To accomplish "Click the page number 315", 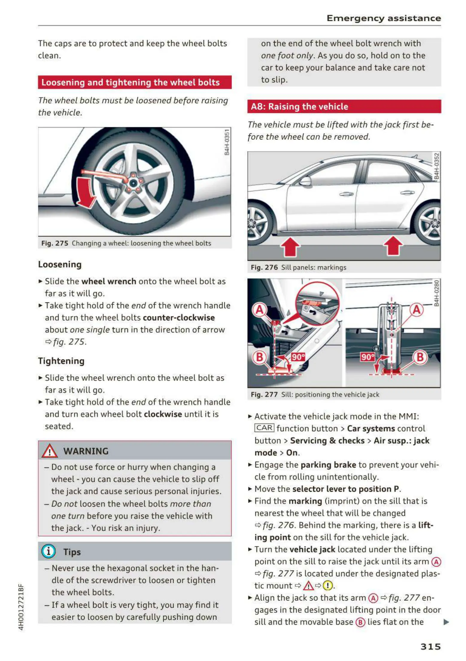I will (x=430, y=646).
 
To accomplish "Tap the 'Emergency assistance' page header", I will (x=383, y=18).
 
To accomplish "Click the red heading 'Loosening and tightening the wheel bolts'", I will (x=130, y=82).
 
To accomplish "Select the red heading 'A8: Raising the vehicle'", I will (x=299, y=107).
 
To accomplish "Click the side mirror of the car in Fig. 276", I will (x=306, y=181).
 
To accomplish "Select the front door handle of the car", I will (x=347, y=194).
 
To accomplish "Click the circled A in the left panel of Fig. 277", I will (x=259, y=310).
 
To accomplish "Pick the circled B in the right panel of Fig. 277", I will (x=420, y=357).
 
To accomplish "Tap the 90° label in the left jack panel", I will (x=298, y=357).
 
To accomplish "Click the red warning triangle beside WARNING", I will (x=49, y=451).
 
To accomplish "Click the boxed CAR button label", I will (x=264, y=428).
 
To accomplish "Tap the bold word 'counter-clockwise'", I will (x=179, y=318).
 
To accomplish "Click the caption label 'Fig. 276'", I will (x=264, y=267).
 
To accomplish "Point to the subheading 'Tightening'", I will (x=61, y=361).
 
